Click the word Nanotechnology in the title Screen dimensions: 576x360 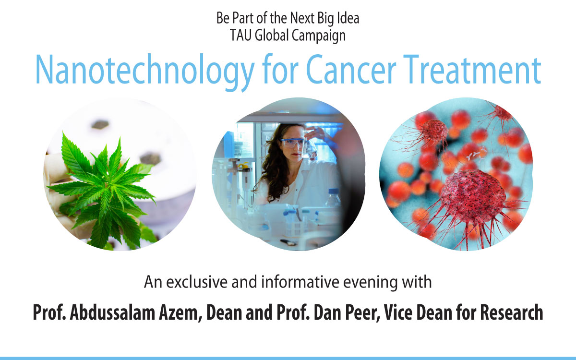coord(145,72)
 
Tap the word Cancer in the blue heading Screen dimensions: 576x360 coord(351,70)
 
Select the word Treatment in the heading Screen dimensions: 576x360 coord(472,70)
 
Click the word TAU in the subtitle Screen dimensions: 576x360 coord(240,35)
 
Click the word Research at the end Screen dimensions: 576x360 coord(512,312)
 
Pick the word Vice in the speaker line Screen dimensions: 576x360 coord(398,312)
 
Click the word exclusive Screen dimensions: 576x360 coord(197,282)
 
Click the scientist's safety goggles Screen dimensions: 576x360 coord(292,143)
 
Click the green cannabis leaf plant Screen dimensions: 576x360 coord(103,190)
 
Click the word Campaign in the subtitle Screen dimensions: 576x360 coord(319,36)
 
